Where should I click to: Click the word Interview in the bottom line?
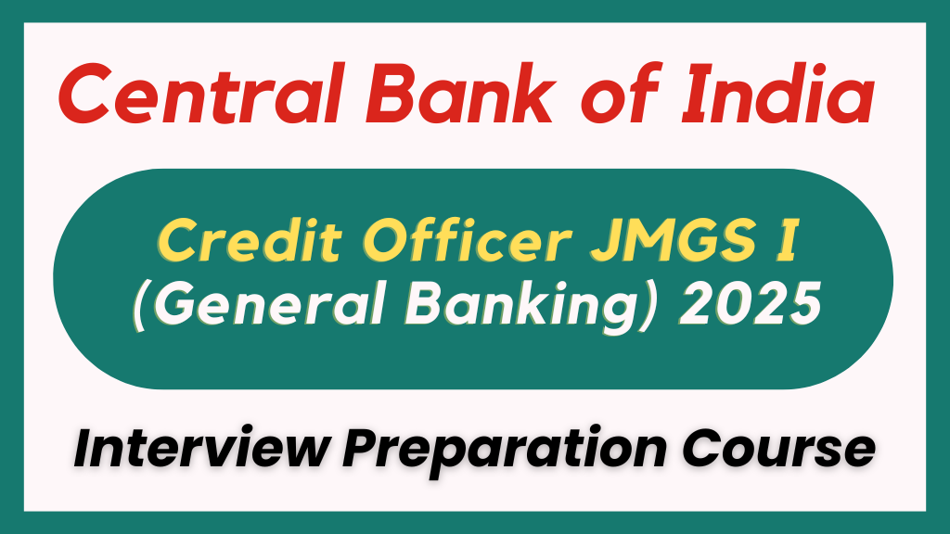coord(196,451)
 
